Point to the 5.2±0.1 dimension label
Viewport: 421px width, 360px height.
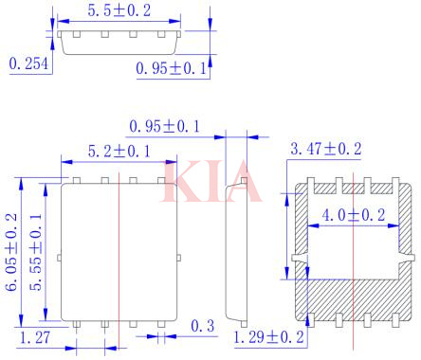pos(119,150)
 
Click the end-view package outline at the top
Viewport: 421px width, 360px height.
pos(119,41)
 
